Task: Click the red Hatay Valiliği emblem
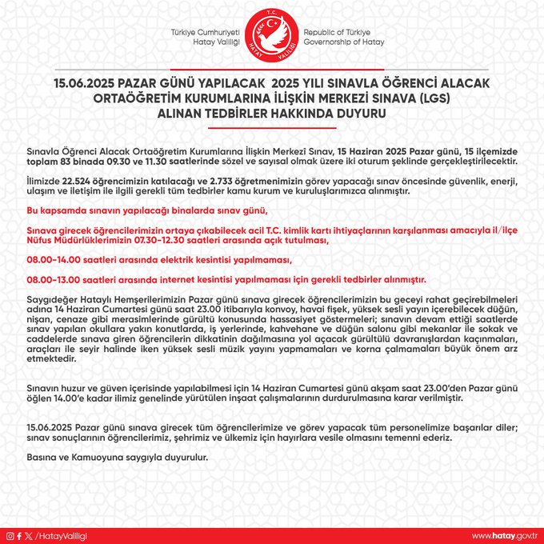coord(271,37)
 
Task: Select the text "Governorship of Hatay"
coord(344,42)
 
